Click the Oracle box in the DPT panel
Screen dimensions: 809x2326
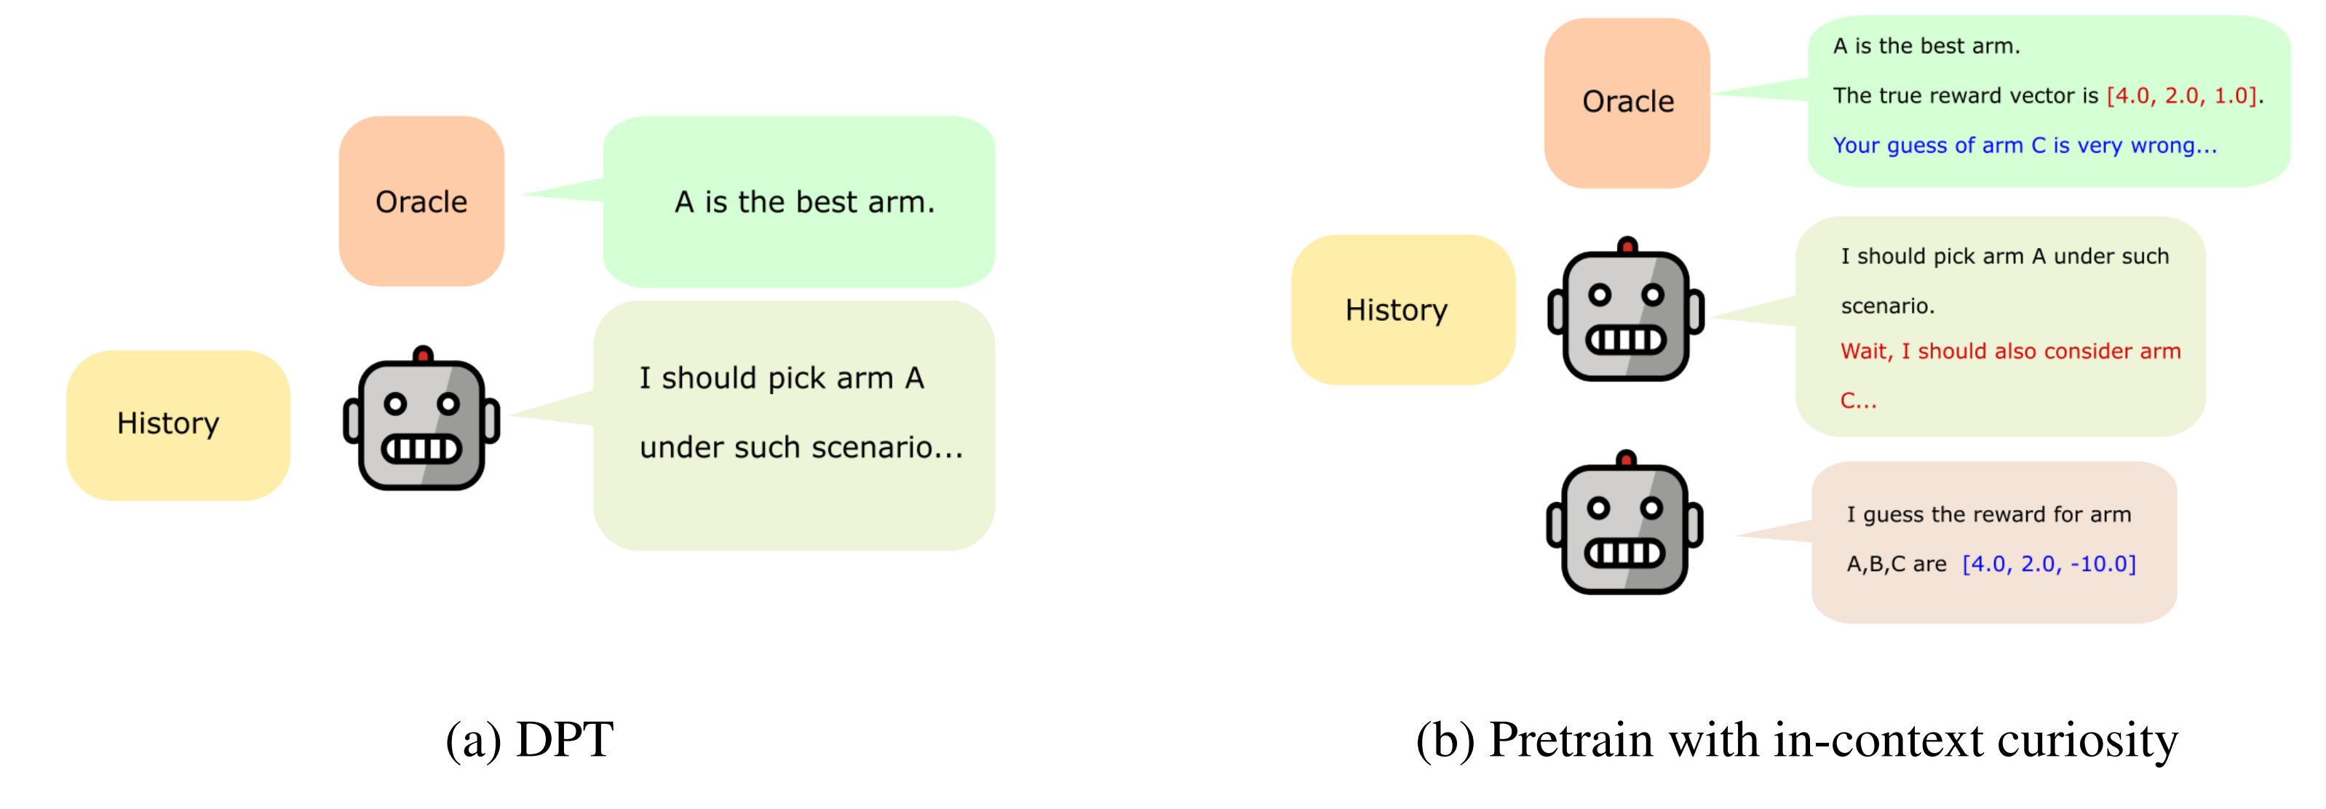pyautogui.click(x=421, y=202)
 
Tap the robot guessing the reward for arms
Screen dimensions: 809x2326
pyautogui.click(x=1624, y=525)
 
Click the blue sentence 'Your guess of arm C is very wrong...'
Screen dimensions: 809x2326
pyautogui.click(x=2025, y=146)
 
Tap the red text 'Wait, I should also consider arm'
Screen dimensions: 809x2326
pyautogui.click(x=2010, y=351)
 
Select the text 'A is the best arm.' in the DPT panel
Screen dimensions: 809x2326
pyautogui.click(x=803, y=202)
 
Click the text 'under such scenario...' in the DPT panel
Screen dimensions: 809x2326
pyautogui.click(x=801, y=447)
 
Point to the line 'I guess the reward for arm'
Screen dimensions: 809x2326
pyautogui.click(x=1988, y=514)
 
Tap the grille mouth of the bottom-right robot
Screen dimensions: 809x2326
pyautogui.click(x=1624, y=551)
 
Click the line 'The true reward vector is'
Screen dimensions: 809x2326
pyautogui.click(x=1966, y=96)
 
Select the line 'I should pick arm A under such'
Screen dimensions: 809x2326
pyautogui.click(x=2004, y=256)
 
